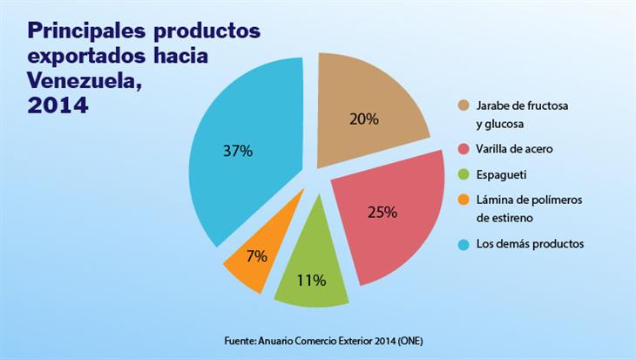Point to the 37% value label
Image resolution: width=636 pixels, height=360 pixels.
(237, 151)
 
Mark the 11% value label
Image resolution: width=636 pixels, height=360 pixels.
(311, 280)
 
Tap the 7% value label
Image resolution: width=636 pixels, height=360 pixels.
(256, 258)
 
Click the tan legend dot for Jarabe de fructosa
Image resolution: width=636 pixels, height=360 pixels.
(464, 105)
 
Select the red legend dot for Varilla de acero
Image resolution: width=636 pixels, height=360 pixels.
(464, 149)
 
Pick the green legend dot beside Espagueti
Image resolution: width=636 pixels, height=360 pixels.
(464, 174)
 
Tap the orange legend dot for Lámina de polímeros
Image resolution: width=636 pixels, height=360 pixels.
(464, 200)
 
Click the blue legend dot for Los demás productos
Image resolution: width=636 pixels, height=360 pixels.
(464, 243)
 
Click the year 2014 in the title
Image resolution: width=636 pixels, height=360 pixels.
(58, 106)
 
